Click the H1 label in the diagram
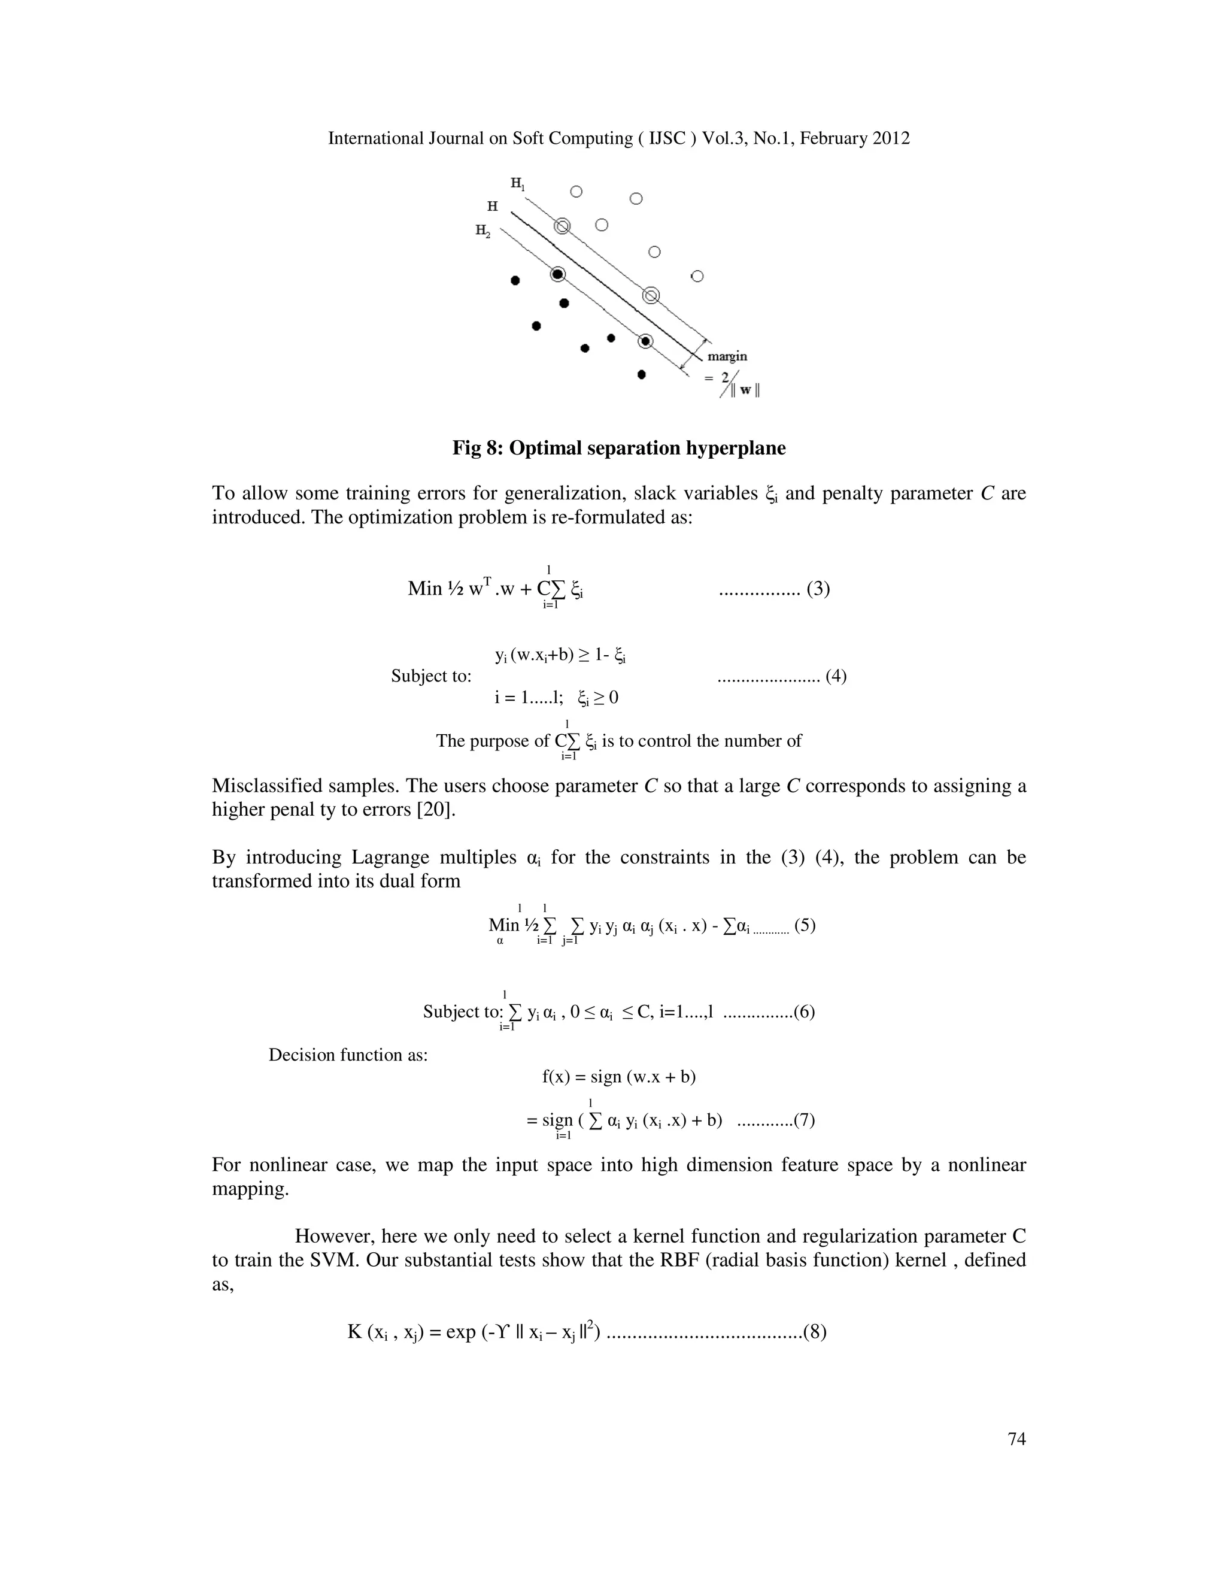(517, 183)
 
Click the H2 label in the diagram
(483, 231)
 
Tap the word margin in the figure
(727, 357)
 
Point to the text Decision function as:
(348, 1055)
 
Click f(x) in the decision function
(556, 1077)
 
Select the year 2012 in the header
(891, 139)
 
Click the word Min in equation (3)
(425, 589)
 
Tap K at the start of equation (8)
(354, 1332)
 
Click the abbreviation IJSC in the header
(667, 139)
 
